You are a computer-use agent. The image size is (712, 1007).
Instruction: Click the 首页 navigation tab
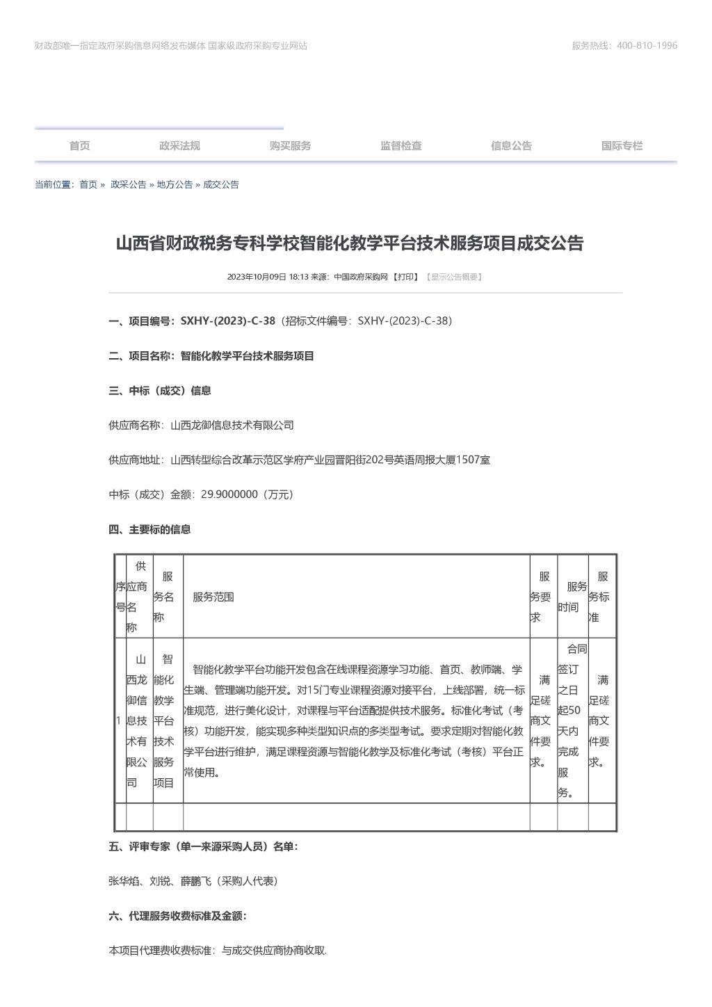[79, 146]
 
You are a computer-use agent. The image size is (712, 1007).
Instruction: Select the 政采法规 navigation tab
[179, 146]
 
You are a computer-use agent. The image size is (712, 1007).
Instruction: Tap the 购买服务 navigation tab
[290, 146]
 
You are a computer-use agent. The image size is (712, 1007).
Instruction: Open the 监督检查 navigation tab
[400, 146]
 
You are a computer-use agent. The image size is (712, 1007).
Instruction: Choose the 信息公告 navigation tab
[511, 146]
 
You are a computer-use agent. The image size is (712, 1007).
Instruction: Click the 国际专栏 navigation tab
[622, 146]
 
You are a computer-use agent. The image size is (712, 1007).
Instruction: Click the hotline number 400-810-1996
[647, 46]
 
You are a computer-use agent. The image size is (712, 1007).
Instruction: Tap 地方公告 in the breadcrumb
[175, 185]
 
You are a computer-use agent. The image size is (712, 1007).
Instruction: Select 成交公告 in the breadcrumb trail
[221, 185]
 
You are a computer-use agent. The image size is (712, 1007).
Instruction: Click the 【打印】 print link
[406, 277]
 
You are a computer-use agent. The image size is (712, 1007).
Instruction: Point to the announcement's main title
[349, 243]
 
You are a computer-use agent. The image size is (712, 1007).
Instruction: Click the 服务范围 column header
[213, 597]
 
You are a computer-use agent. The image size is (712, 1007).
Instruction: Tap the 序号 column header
[120, 597]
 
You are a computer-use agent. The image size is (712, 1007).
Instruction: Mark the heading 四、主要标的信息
[149, 530]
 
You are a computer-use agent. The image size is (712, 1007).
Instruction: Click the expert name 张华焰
[124, 881]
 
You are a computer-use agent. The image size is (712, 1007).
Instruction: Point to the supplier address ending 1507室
[330, 460]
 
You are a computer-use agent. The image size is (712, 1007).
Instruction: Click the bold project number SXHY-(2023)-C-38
[227, 321]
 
